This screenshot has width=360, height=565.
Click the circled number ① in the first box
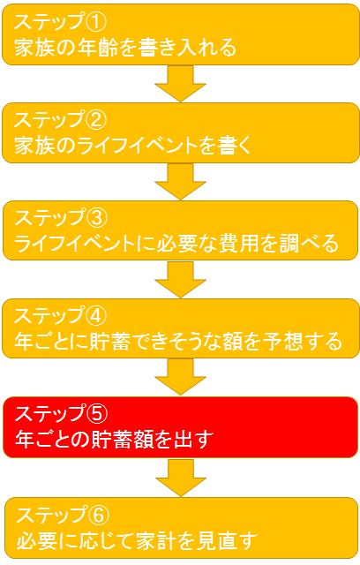pos(95,21)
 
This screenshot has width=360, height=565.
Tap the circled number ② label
pos(95,120)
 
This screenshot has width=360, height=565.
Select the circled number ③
pos(96,218)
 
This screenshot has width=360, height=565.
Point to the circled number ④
pos(95,316)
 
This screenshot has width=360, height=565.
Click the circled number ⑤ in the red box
pos(96,414)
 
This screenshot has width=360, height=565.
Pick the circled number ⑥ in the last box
pos(98,515)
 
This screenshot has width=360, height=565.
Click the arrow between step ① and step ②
pos(180,84)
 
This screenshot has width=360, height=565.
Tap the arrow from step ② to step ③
pos(180,182)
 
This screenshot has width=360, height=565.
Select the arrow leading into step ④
pos(180,280)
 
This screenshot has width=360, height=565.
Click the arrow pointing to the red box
pos(180,377)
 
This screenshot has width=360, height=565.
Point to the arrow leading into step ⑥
pos(181,478)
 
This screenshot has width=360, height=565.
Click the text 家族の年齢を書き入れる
pos(125,48)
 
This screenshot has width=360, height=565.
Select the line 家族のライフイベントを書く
pos(132,146)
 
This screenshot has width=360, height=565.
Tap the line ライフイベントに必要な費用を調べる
pos(176,244)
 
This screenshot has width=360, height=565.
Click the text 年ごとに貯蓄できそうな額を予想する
pos(178,342)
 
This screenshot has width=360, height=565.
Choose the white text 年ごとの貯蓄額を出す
pos(115,440)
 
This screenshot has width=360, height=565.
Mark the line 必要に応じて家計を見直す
pos(137,540)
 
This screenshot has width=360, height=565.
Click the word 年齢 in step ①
pos(97,48)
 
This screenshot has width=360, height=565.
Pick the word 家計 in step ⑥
pos(156,540)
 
